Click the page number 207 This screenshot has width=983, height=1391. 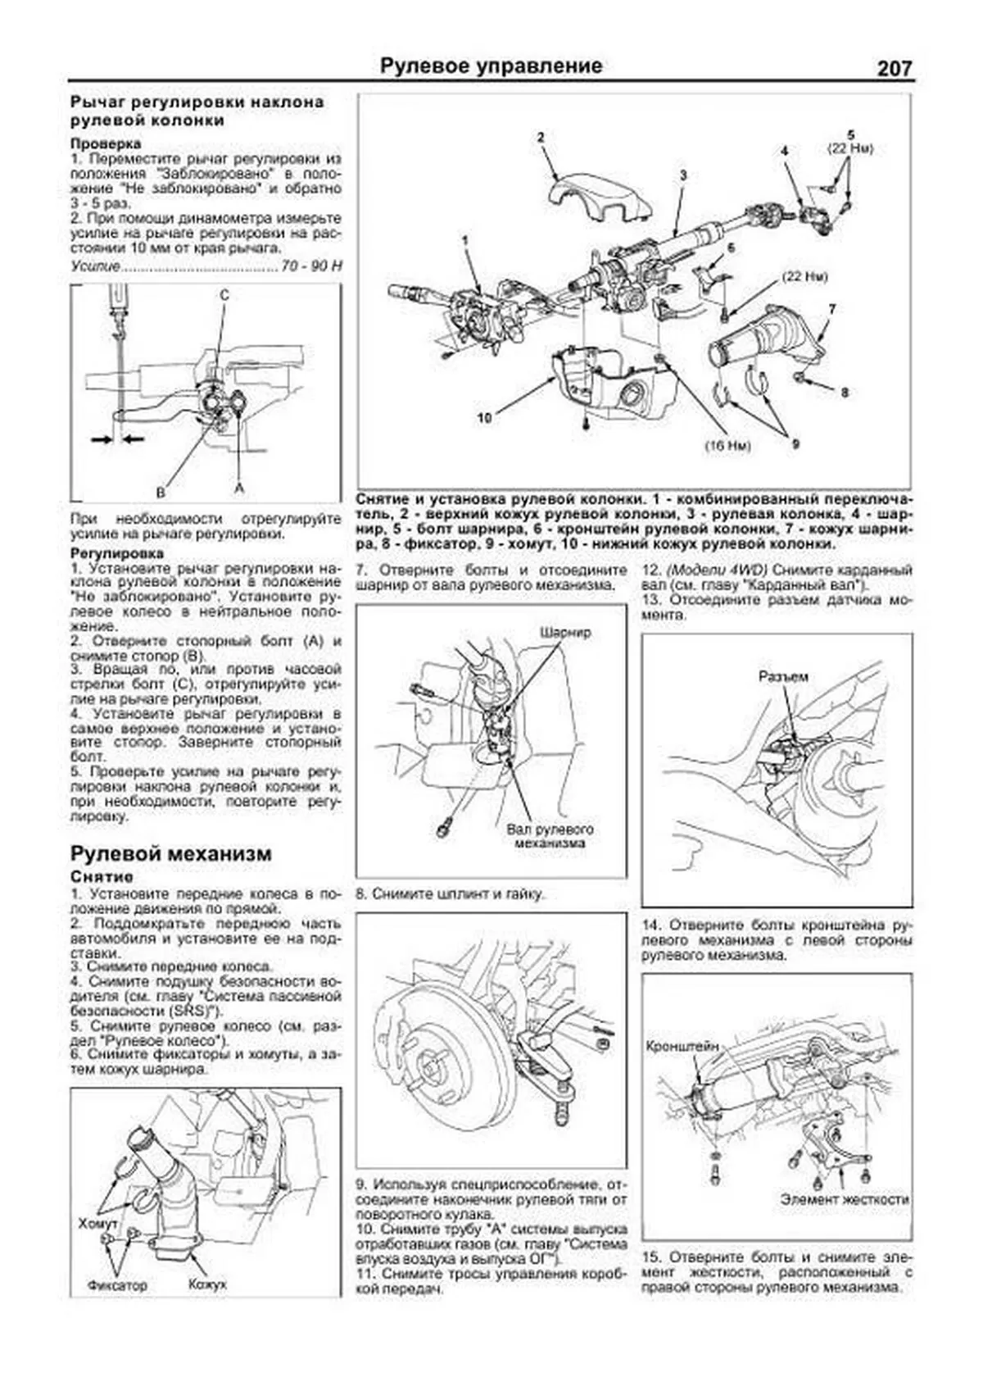(x=894, y=68)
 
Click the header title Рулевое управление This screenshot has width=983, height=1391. (x=491, y=66)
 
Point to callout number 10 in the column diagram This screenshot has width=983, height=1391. (x=484, y=418)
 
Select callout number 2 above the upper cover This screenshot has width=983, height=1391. (x=541, y=138)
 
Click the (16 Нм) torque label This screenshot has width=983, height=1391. (x=727, y=446)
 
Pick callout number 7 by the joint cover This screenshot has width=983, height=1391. (x=831, y=309)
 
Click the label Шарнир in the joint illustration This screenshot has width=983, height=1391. (x=565, y=633)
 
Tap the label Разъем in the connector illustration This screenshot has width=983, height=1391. (x=783, y=676)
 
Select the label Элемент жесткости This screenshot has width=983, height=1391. (x=845, y=1198)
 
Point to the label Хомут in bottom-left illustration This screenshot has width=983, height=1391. (x=98, y=1224)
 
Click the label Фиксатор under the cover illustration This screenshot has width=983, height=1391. (x=117, y=1285)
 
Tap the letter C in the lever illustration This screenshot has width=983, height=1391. (x=224, y=295)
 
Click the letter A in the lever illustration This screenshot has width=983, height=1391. (x=239, y=487)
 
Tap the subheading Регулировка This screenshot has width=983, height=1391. (x=117, y=553)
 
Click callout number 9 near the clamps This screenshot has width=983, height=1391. (x=795, y=443)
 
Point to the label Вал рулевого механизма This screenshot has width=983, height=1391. (x=550, y=835)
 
